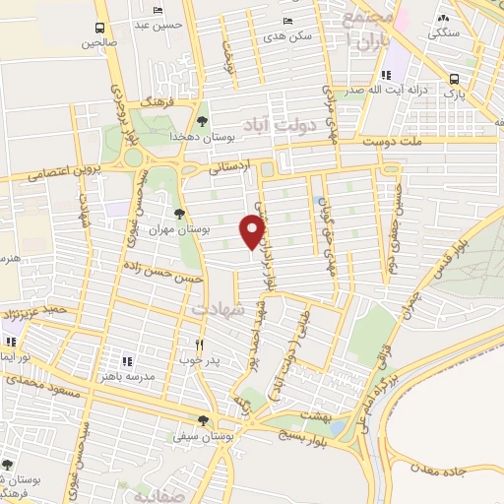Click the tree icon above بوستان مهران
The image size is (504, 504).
(x=178, y=214)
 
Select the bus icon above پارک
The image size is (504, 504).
(x=454, y=80)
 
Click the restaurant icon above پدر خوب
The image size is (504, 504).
(x=199, y=345)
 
